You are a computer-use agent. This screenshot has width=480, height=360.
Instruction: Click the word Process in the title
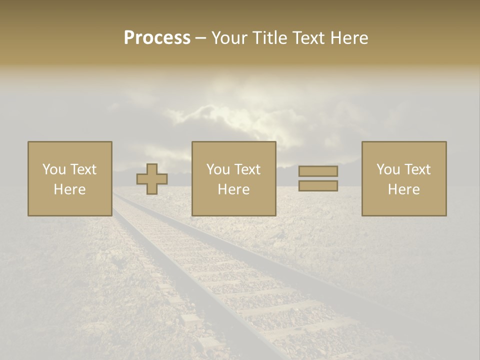click(157, 38)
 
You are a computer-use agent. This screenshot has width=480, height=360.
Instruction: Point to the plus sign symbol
click(152, 179)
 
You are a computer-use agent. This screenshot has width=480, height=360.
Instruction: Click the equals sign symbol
click(318, 178)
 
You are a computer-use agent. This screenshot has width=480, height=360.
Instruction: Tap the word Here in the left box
click(70, 189)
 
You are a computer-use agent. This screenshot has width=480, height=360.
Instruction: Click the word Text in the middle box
click(247, 169)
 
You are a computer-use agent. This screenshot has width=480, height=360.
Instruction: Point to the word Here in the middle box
click(234, 189)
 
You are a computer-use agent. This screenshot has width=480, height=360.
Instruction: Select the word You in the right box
click(388, 169)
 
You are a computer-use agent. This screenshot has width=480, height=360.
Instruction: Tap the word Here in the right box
click(404, 189)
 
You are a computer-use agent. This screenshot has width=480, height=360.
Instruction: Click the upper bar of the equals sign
click(318, 171)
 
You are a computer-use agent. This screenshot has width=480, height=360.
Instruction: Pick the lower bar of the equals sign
click(318, 185)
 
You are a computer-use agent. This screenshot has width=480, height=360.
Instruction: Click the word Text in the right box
click(417, 169)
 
